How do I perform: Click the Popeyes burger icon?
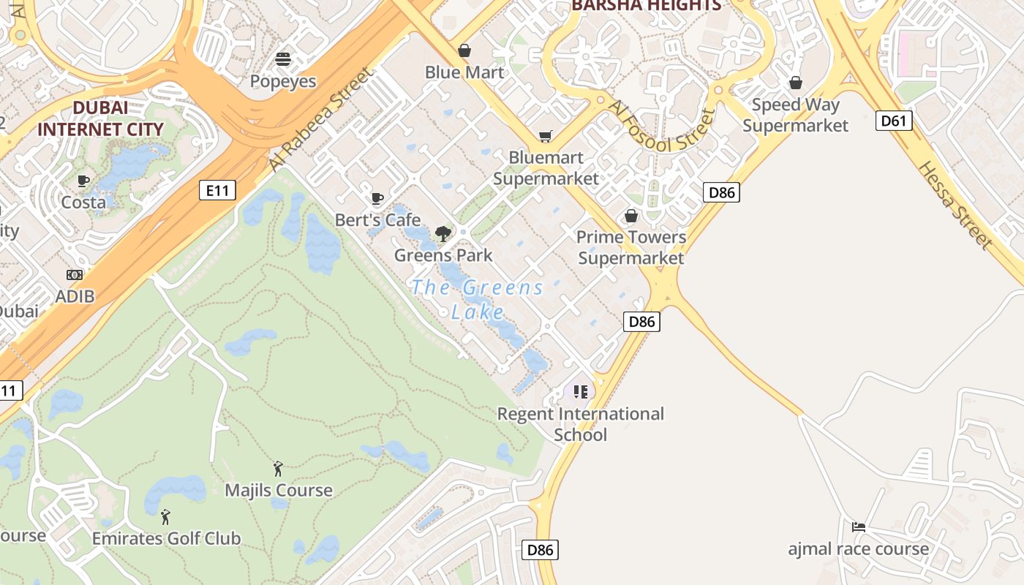pos(283,59)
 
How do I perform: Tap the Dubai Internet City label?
pos(100,118)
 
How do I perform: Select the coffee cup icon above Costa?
pos(83,181)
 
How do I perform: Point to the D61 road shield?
pos(894,121)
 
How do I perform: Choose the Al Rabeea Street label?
pos(321,121)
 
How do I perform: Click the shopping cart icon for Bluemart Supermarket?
pos(545,136)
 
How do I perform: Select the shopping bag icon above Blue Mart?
pos(464,50)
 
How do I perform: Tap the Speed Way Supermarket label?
pos(795,115)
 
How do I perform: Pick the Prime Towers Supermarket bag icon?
pos(630,216)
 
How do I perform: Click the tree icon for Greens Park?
pos(443,234)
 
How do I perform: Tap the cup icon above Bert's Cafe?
pos(377,198)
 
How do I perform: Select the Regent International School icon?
pos(581,392)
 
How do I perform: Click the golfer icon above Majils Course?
pos(278,469)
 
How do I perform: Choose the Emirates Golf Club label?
pos(166,539)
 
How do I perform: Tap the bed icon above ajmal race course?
pos(859,526)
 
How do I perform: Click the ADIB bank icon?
pos(75,275)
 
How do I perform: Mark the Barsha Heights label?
pos(646,6)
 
